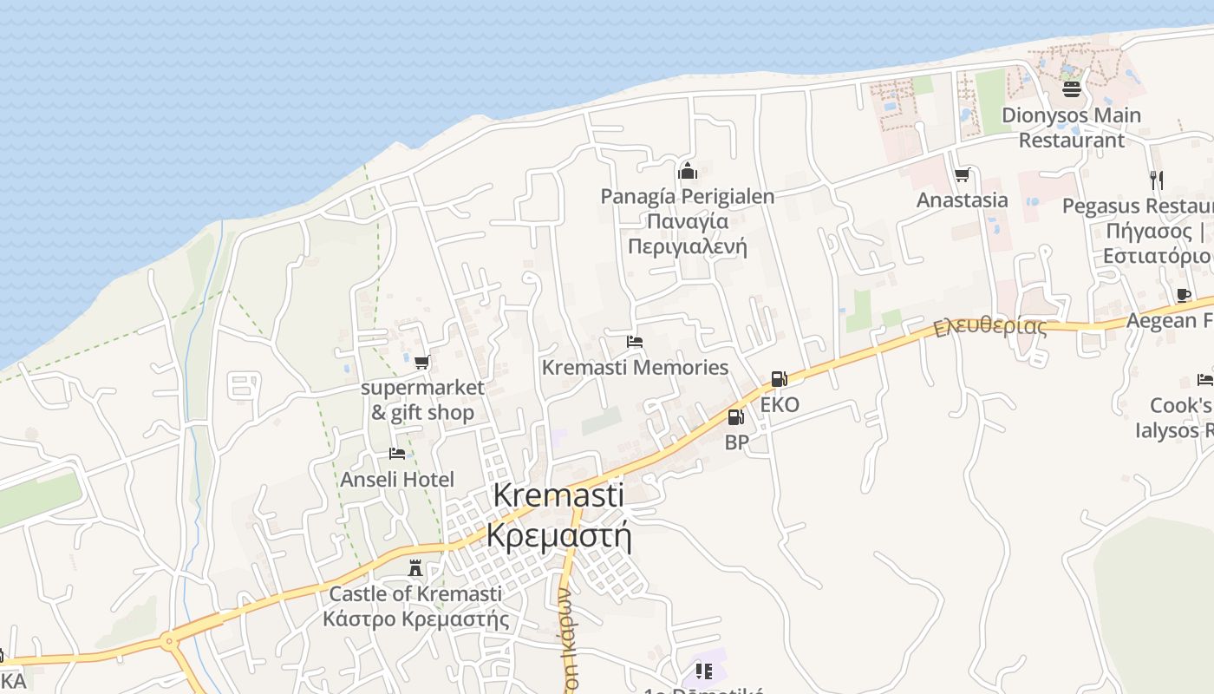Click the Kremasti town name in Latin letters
pyautogui.click(x=558, y=495)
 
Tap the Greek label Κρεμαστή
pyautogui.click(x=558, y=534)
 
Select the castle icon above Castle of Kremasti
pyautogui.click(x=415, y=568)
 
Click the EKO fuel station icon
pyautogui.click(x=779, y=379)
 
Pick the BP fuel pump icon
pyautogui.click(x=735, y=417)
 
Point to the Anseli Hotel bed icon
pyautogui.click(x=397, y=454)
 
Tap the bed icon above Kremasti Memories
pyautogui.click(x=635, y=342)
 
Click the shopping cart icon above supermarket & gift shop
pyautogui.click(x=421, y=363)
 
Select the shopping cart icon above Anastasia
pyautogui.click(x=962, y=176)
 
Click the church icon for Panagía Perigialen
pyautogui.click(x=688, y=171)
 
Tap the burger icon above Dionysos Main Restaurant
pyautogui.click(x=1072, y=89)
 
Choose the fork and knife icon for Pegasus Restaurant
pyautogui.click(x=1156, y=180)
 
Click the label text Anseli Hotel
pyautogui.click(x=397, y=479)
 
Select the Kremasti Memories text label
pyautogui.click(x=635, y=367)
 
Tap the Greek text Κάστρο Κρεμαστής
pyautogui.click(x=415, y=619)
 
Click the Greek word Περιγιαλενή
pyautogui.click(x=687, y=246)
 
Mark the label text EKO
pyautogui.click(x=780, y=404)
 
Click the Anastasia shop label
pyautogui.click(x=963, y=200)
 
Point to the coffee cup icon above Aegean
pyautogui.click(x=1183, y=296)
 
